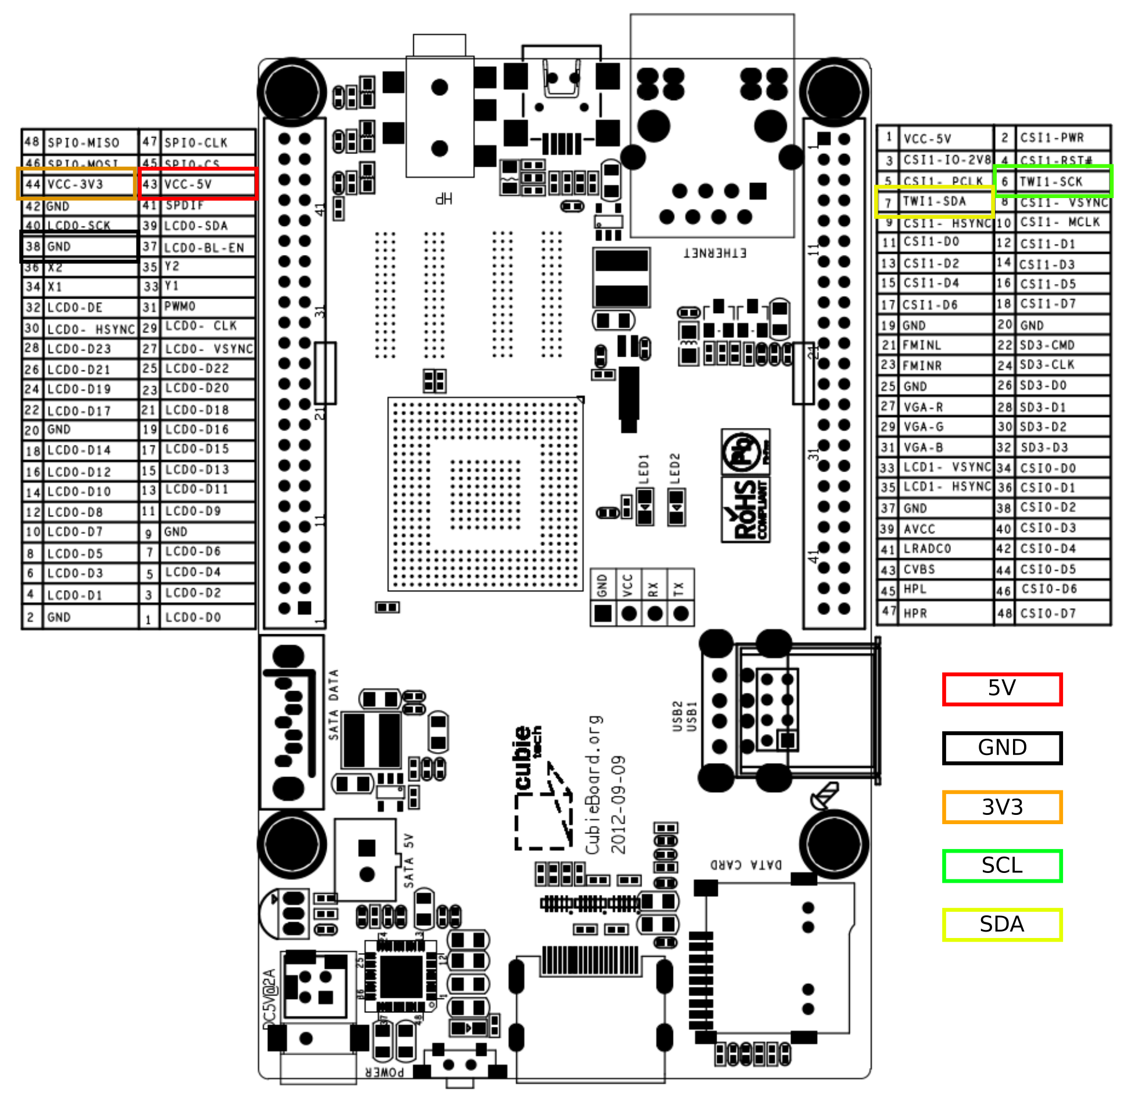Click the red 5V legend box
pyautogui.click(x=1002, y=689)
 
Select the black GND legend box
pyautogui.click(x=1002, y=747)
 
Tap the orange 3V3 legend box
pyautogui.click(x=1002, y=807)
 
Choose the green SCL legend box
pyautogui.click(x=1002, y=866)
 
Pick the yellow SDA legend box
pyautogui.click(x=1002, y=925)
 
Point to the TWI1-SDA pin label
pyautogui.click(x=935, y=202)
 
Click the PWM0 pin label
pyautogui.click(x=180, y=307)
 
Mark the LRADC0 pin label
pyautogui.click(x=928, y=549)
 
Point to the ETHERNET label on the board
pyautogui.click(x=714, y=253)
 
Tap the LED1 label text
pyautogui.click(x=643, y=469)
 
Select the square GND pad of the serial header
pyautogui.click(x=603, y=613)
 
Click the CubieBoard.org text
pyautogui.click(x=593, y=785)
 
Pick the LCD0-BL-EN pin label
pyautogui.click(x=204, y=247)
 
